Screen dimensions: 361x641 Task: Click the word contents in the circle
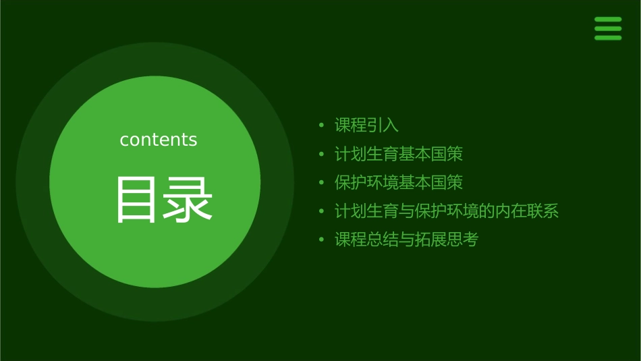click(x=159, y=140)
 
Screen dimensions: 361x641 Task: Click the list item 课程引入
click(x=366, y=126)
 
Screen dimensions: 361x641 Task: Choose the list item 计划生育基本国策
click(x=399, y=154)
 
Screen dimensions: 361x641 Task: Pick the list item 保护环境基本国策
click(x=399, y=182)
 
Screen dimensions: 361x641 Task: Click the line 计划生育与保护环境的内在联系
click(x=447, y=211)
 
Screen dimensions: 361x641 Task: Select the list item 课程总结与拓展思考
click(x=406, y=240)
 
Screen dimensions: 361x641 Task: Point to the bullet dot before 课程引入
click(x=322, y=126)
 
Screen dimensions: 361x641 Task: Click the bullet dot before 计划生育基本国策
click(x=322, y=155)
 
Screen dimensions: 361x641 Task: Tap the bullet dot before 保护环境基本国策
click(x=322, y=183)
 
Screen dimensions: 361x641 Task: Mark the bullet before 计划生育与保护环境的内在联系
click(x=322, y=211)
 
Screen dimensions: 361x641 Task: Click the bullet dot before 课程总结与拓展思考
click(x=322, y=240)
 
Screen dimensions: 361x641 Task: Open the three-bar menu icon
click(x=608, y=29)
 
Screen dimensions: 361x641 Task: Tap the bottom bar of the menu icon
click(x=608, y=38)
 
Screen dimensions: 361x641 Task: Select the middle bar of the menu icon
click(x=608, y=29)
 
